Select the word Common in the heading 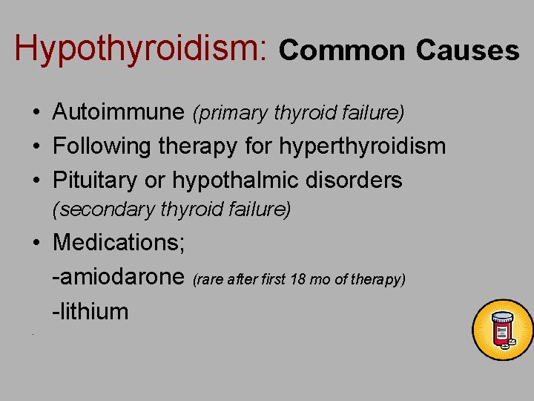click(x=342, y=50)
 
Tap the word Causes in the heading click(x=467, y=50)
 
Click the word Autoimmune click(x=119, y=112)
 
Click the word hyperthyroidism click(x=363, y=146)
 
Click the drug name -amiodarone click(x=119, y=277)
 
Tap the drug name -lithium click(x=90, y=311)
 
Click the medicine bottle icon click(x=503, y=330)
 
